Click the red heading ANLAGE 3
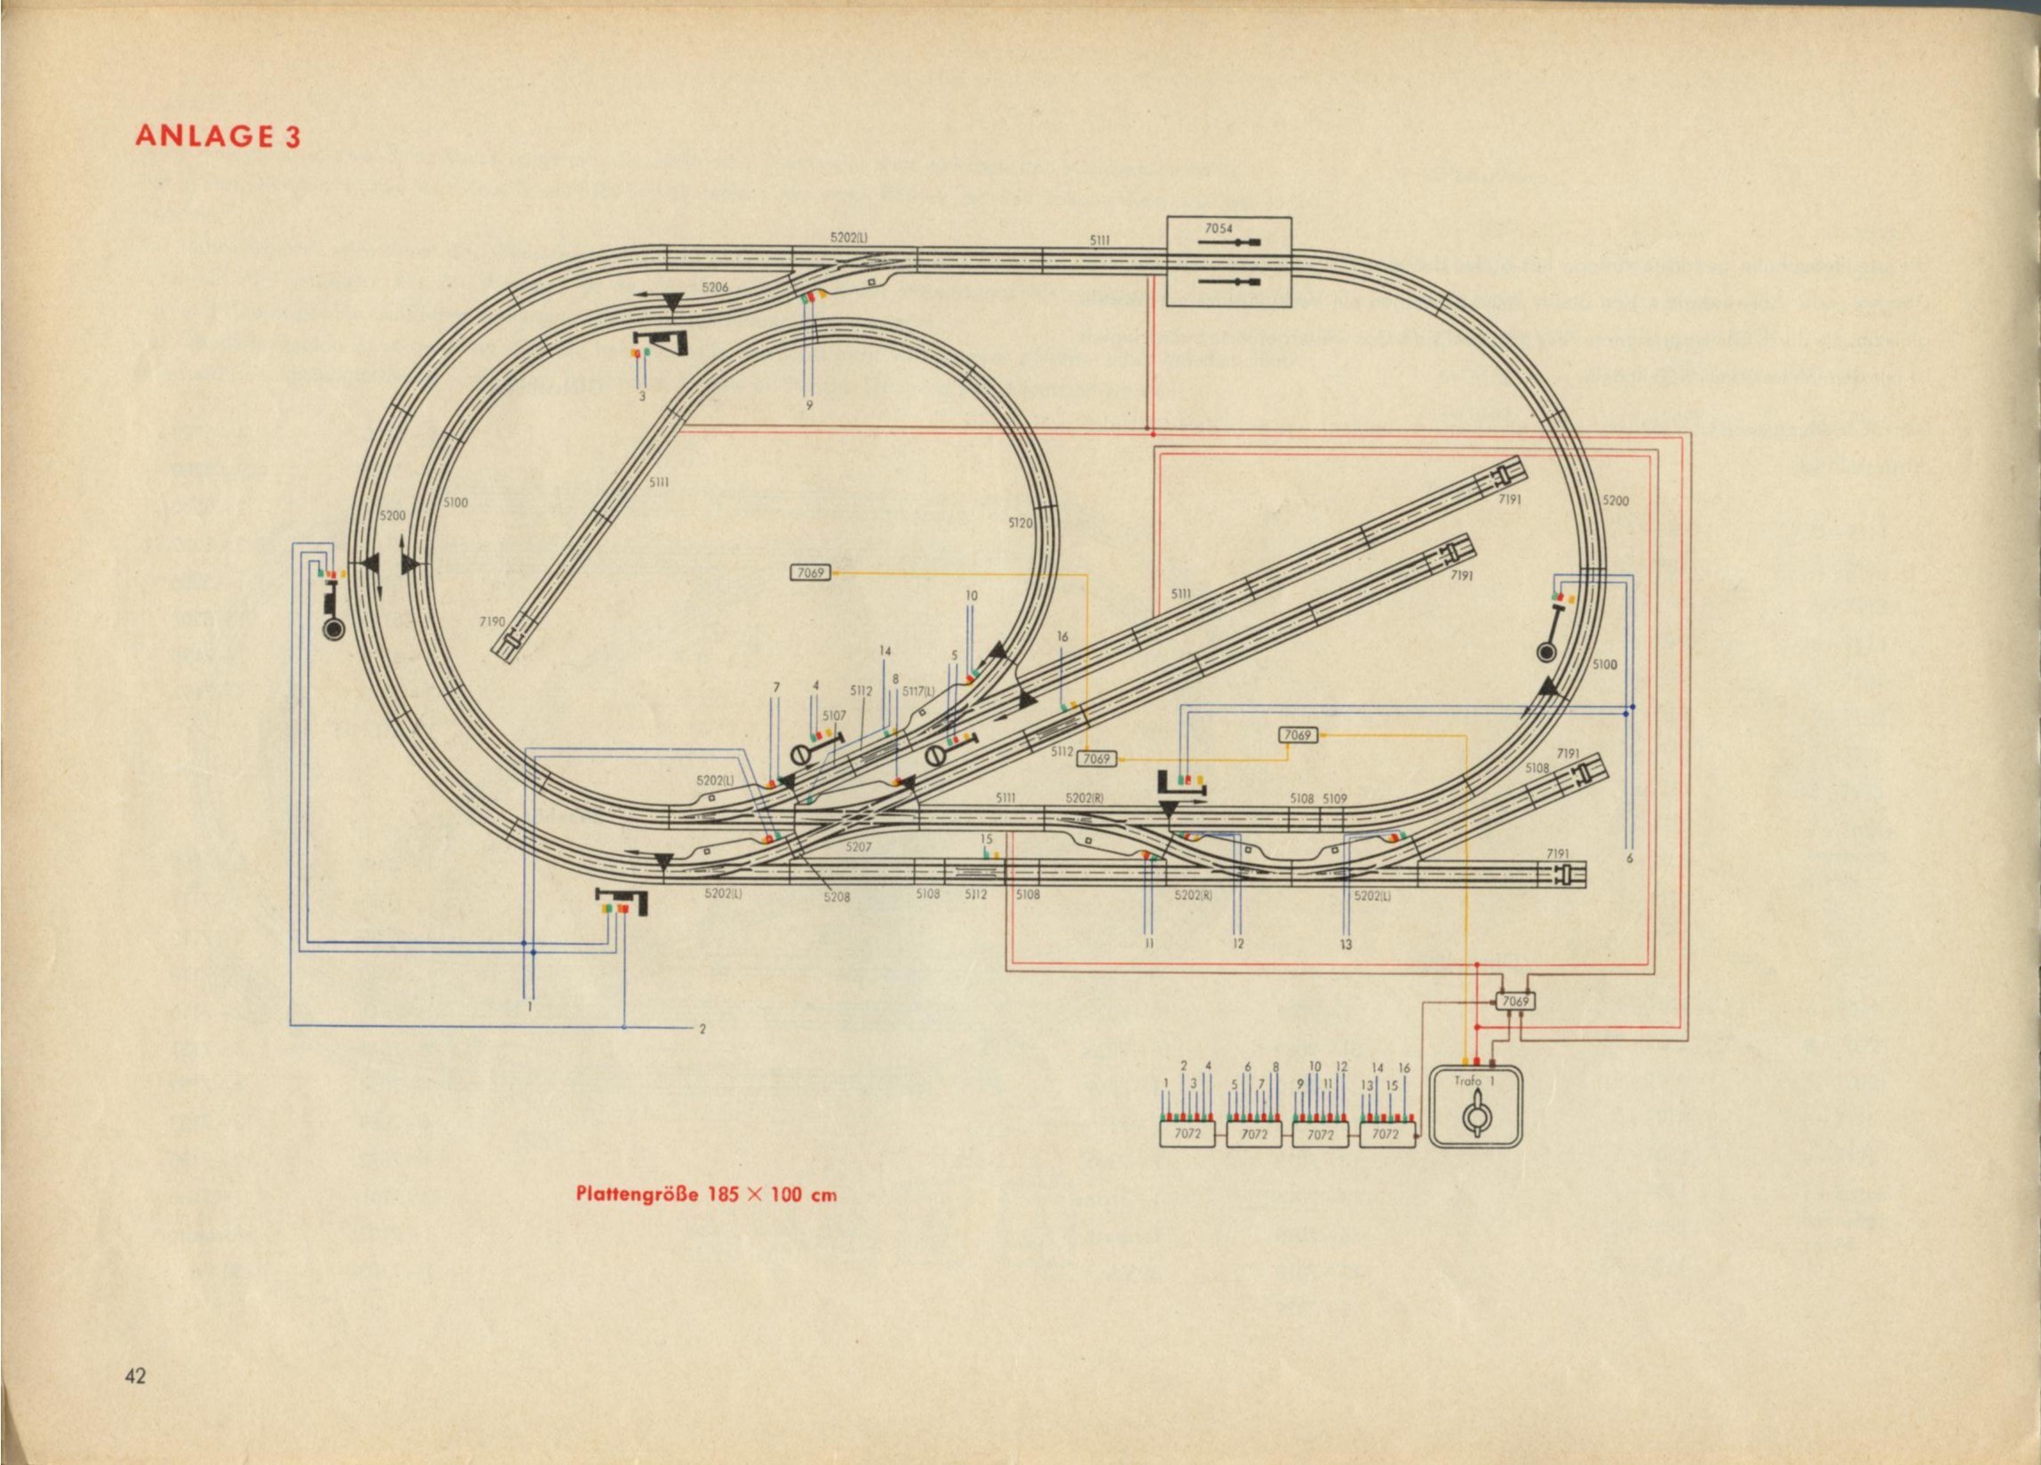coord(217,136)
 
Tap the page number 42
coord(135,1401)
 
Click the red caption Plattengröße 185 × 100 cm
coord(705,1194)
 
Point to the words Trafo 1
coord(1474,1081)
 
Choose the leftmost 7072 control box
coord(1187,1134)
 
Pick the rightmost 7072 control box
coord(1386,1134)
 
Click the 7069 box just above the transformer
coord(1515,1001)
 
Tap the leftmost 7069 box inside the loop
coord(810,573)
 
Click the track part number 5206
coord(715,287)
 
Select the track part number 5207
coord(859,847)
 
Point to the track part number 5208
coord(836,896)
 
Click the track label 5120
coord(1020,523)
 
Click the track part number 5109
coord(1335,798)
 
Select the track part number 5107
coord(834,716)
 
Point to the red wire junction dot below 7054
coord(1148,429)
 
